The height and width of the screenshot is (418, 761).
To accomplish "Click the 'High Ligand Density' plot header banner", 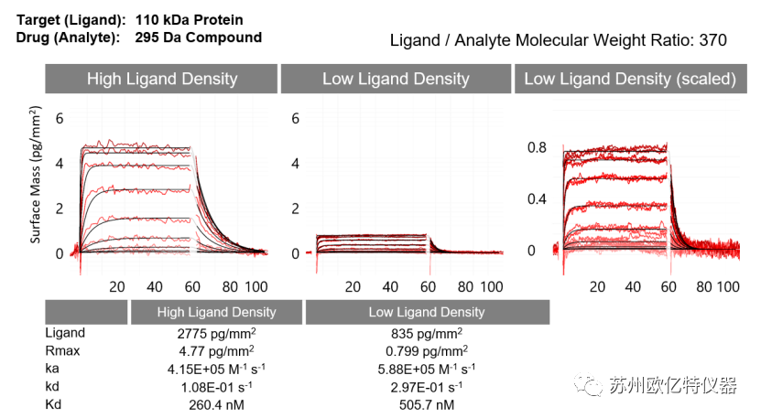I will point(162,79).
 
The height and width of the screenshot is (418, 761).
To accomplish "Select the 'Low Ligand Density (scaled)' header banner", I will point(629,79).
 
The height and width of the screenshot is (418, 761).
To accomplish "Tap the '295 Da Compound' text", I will point(198,38).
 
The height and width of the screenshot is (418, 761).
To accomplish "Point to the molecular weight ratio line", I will point(559,40).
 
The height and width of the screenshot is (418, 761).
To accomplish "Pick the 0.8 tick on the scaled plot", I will point(536,147).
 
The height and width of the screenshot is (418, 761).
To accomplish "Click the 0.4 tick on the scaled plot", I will point(536,198).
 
